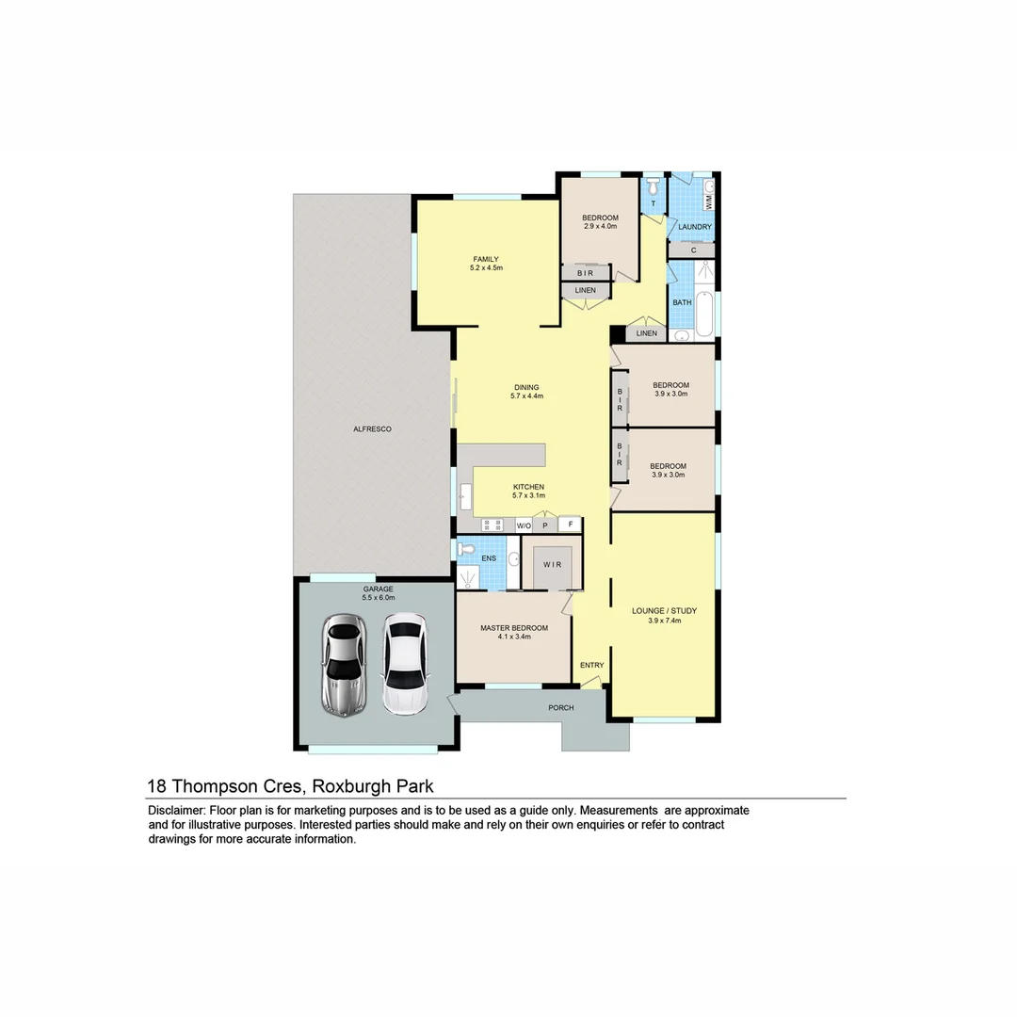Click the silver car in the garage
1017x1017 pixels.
coord(344,665)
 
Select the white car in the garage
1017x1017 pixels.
coord(404,665)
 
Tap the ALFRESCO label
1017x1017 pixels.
coord(372,429)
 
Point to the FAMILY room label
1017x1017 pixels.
coord(486,259)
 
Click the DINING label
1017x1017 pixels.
coord(526,387)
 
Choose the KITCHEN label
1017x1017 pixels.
coord(528,487)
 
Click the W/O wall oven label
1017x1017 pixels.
coord(524,525)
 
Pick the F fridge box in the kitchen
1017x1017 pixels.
coord(570,525)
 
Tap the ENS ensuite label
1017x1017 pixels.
coord(489,558)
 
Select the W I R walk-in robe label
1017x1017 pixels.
coord(552,564)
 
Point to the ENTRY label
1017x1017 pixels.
coord(591,666)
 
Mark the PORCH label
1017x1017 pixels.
coord(561,707)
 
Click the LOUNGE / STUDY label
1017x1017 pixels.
coord(664,611)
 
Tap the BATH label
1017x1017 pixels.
coord(682,302)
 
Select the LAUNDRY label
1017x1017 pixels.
coord(695,227)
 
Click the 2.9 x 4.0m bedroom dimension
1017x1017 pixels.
coord(600,226)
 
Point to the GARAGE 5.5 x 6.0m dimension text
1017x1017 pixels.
coord(379,598)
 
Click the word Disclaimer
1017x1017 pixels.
coord(176,811)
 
